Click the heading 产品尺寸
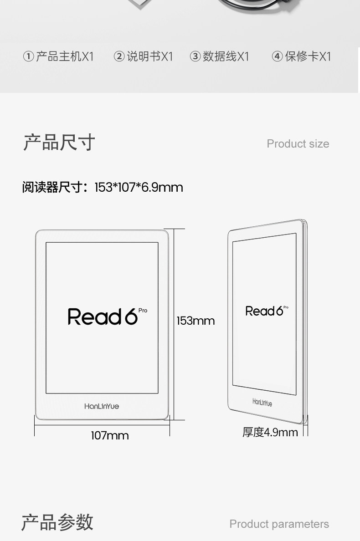[x=59, y=143]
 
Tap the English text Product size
[x=298, y=144]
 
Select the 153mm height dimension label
[x=195, y=321]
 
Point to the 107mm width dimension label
[x=110, y=436]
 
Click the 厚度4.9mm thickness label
[x=270, y=432]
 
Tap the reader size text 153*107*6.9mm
[x=139, y=187]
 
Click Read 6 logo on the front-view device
[x=103, y=316]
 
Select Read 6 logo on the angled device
[x=264, y=311]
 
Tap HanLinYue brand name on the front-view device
[x=102, y=406]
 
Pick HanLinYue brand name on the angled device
[x=262, y=403]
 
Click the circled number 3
[x=195, y=56]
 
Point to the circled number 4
[x=277, y=56]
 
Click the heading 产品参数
[x=57, y=522]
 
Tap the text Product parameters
[x=279, y=524]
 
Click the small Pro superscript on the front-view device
[x=143, y=311]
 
